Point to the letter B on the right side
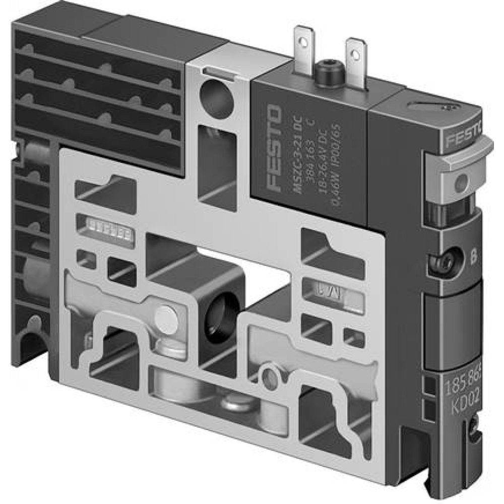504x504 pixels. (x=472, y=261)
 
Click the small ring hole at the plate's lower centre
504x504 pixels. (x=269, y=374)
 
